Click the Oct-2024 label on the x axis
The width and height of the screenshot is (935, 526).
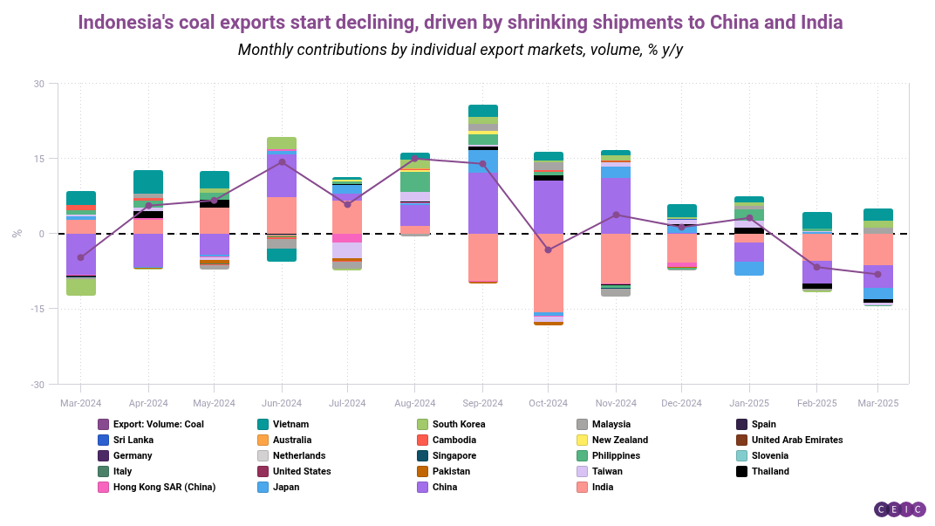[x=548, y=403]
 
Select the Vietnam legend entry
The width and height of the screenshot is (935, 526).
[x=290, y=424]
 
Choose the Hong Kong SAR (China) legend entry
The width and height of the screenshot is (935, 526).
[x=164, y=487]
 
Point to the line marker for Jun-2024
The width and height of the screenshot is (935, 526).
[x=282, y=162]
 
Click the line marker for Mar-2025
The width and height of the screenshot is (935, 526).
[x=878, y=274]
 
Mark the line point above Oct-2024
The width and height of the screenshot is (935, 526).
[x=548, y=249]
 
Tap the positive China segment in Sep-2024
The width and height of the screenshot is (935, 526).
[x=482, y=202]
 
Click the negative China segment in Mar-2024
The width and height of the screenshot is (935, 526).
[x=80, y=254]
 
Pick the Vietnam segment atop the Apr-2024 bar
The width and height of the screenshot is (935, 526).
[x=148, y=181]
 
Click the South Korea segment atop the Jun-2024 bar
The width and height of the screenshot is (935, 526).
[x=282, y=143]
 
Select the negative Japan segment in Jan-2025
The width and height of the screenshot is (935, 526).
[x=749, y=268]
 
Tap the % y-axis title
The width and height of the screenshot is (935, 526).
[x=16, y=233]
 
